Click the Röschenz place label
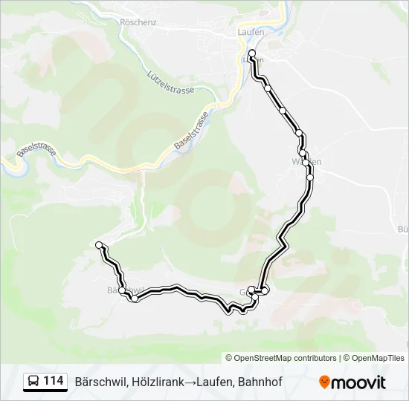tap(138, 22)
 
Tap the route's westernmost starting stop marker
tap(99, 244)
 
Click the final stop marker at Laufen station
tap(252, 53)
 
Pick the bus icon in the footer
tap(33, 382)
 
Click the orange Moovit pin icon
tap(324, 382)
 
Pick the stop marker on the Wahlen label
tap(303, 154)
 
